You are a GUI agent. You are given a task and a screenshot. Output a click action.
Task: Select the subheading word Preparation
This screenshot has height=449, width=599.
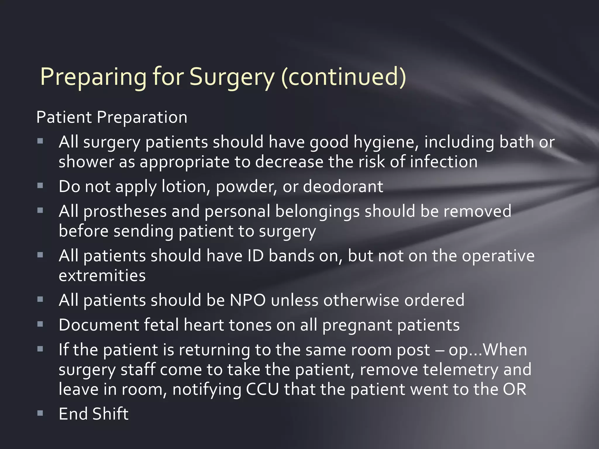pos(142,118)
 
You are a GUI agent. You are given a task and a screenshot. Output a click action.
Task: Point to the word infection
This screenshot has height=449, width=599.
pos(444,162)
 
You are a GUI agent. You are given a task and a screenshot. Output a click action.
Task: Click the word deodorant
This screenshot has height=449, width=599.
pos(343,187)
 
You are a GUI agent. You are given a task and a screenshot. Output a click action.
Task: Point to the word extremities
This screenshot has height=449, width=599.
pos(102,276)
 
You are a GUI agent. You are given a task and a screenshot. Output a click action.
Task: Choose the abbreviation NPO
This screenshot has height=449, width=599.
pos(248,301)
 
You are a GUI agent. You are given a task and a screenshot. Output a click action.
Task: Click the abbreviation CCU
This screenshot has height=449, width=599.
pos(262,389)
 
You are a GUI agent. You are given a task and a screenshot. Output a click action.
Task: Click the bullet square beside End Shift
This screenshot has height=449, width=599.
pos(40,413)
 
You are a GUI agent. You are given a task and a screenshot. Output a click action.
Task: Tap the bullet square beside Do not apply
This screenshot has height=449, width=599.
pos(40,186)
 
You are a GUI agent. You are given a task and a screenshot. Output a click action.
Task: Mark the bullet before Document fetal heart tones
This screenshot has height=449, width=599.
pos(40,324)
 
